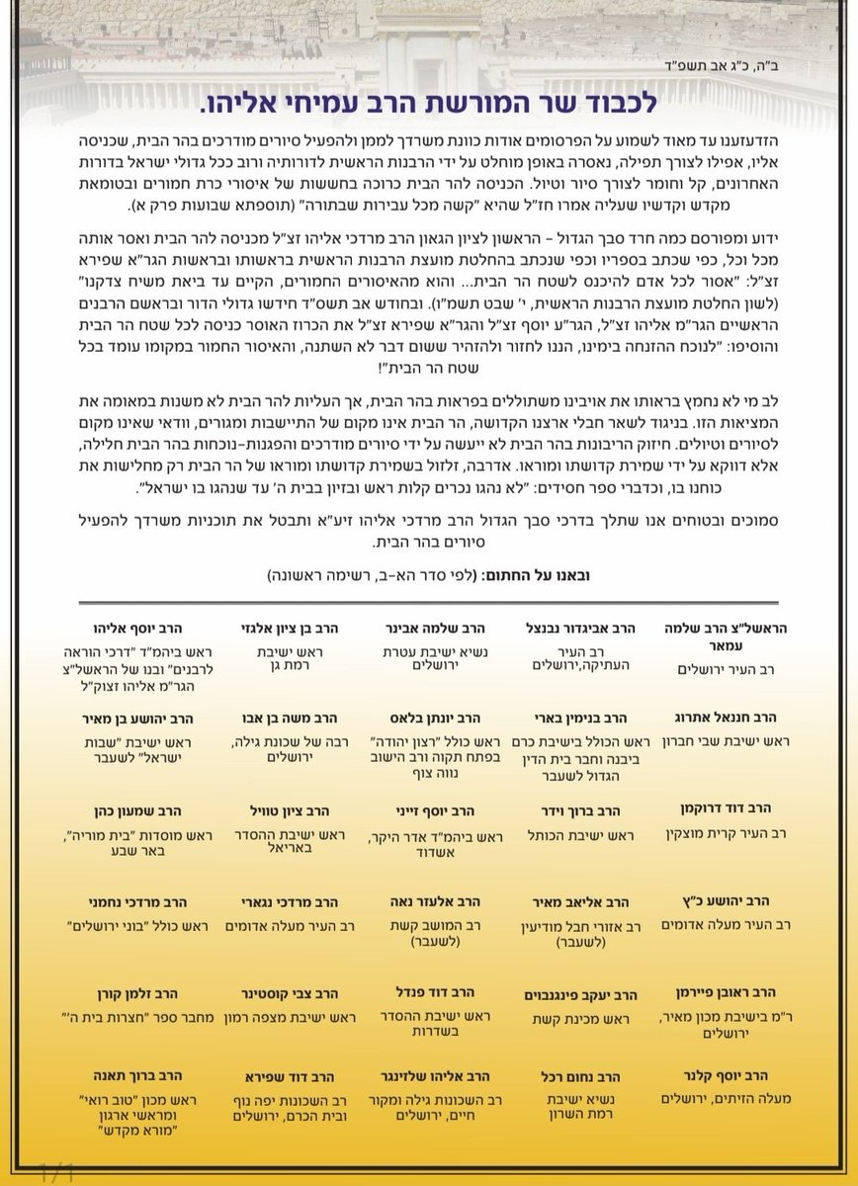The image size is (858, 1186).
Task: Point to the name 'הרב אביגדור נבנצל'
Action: click(x=580, y=627)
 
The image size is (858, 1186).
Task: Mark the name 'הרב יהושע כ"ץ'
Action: click(x=733, y=901)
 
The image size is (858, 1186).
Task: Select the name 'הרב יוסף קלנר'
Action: click(x=733, y=1075)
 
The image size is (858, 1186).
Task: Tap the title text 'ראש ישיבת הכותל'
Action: click(x=580, y=834)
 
